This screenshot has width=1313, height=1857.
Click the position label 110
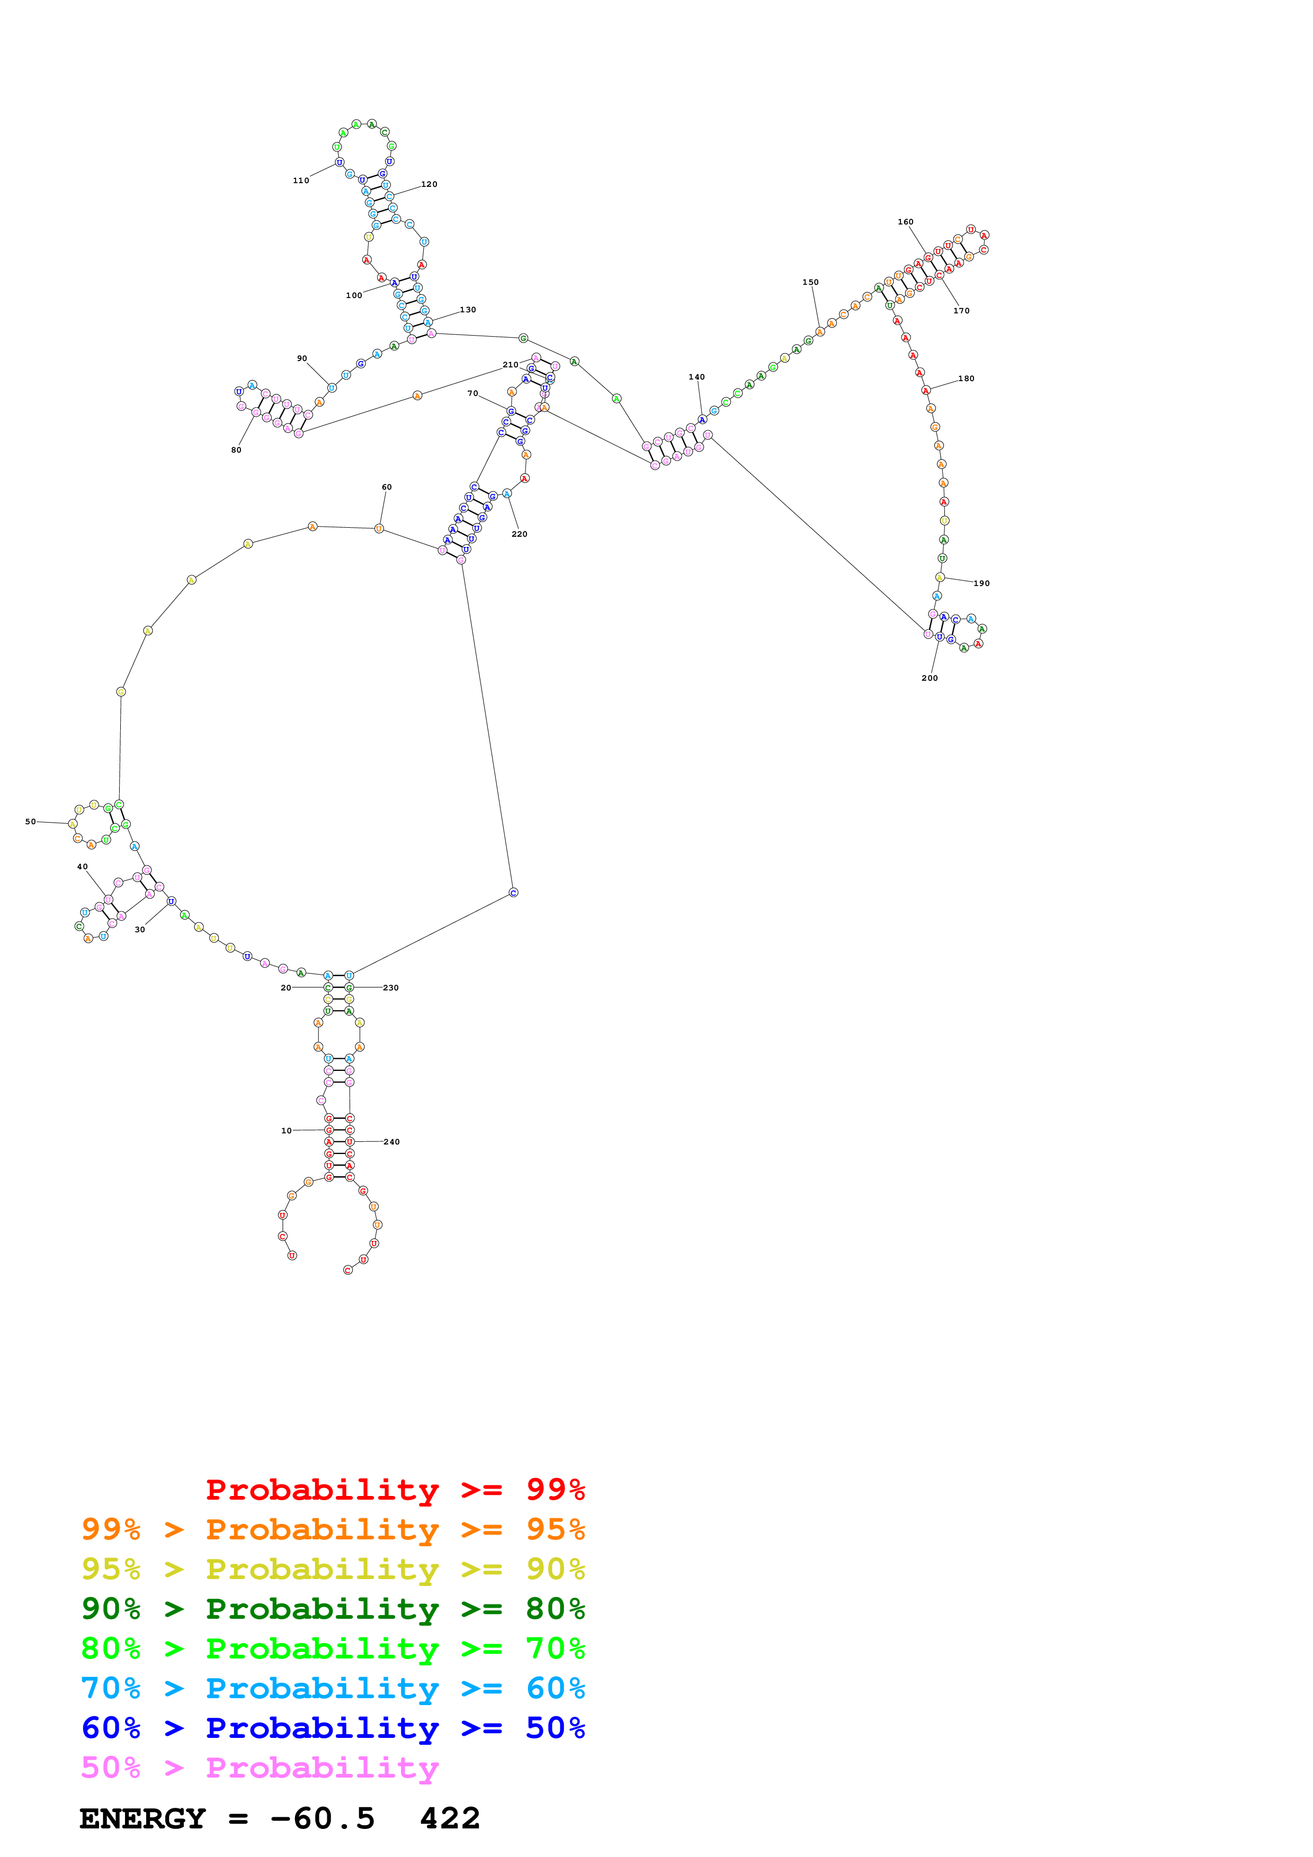coord(301,181)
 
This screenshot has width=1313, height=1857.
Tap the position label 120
coord(429,184)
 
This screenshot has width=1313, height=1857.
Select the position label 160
coord(905,222)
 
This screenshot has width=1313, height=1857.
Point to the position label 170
coord(961,311)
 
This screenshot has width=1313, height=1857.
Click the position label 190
coord(981,583)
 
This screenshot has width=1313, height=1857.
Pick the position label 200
coord(930,678)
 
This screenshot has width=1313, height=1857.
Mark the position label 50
coord(31,822)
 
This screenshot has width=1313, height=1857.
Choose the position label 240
coord(391,1142)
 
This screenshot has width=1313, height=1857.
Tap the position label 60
coord(387,487)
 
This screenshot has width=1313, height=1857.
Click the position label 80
coord(236,449)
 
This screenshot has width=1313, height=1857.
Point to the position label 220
coord(520,534)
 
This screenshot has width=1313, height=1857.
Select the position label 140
coord(696,377)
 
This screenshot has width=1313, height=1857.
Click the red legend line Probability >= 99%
coord(395,1490)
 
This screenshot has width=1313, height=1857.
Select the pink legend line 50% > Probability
coord(259,1768)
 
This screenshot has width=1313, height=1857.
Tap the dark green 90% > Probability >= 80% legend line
coord(333,1609)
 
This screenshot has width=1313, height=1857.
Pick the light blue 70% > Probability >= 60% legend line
coord(333,1689)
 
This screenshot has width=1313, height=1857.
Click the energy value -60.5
coord(322,1819)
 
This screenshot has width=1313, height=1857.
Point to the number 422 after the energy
coord(450,1819)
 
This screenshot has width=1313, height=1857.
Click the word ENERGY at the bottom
coord(142,1819)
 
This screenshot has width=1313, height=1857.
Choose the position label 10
coord(287,1131)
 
